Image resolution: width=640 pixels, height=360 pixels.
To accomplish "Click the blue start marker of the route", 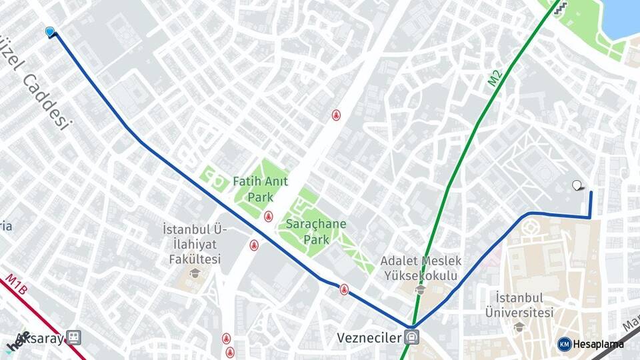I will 49,31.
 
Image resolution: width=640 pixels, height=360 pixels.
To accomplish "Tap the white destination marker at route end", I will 577,185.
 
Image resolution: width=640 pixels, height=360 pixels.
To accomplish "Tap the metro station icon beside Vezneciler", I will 412,337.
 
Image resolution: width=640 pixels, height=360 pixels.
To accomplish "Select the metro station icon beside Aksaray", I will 73,338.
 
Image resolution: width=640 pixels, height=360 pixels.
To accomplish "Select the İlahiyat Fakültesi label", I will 195,244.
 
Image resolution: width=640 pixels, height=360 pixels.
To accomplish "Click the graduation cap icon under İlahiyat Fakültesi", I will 195,273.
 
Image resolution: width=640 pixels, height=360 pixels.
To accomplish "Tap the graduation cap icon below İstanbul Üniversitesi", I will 519,326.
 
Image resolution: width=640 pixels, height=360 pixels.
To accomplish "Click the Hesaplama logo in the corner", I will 591,344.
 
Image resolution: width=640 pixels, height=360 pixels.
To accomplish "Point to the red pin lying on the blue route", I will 344,289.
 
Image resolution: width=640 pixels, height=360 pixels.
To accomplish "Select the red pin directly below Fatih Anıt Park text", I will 268,216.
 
